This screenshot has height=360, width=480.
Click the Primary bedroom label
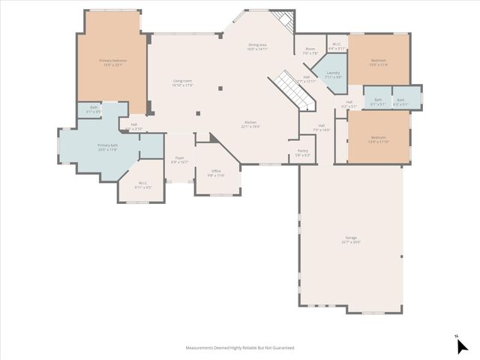(x=113, y=60)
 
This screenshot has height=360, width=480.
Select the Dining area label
(x=258, y=46)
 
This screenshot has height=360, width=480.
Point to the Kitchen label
(x=250, y=123)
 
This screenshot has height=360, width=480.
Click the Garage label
(x=351, y=238)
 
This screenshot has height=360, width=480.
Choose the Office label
(x=215, y=171)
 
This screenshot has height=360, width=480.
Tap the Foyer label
(x=179, y=158)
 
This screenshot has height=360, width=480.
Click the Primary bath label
(x=108, y=145)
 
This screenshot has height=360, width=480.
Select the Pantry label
(x=302, y=151)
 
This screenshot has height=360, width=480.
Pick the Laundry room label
(x=333, y=73)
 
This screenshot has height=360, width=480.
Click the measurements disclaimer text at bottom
(x=240, y=348)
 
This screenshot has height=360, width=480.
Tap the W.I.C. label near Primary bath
(x=143, y=183)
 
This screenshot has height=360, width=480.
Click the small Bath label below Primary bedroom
(x=94, y=108)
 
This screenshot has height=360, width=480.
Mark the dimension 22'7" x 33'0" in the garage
(x=351, y=242)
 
